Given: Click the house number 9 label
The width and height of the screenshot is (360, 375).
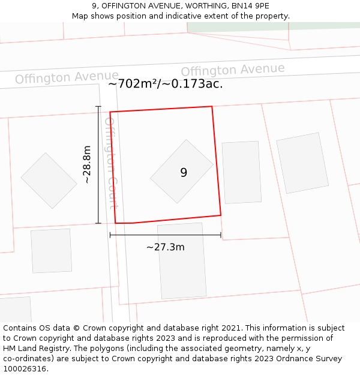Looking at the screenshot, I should (184, 173).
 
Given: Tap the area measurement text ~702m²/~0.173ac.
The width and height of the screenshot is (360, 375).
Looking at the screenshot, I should (166, 84).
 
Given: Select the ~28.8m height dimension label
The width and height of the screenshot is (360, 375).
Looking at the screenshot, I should (87, 164).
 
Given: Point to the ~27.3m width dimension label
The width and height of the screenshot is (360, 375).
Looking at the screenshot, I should (166, 247).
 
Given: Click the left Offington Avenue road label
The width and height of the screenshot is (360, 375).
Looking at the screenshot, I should (67, 77).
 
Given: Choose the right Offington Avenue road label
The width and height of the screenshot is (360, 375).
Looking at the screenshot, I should (233, 70).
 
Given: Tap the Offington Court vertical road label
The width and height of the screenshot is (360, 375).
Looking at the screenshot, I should (110, 162).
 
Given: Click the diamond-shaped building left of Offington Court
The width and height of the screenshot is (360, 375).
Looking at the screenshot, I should (49, 180).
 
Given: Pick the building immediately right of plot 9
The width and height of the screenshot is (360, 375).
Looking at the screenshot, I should (241, 172).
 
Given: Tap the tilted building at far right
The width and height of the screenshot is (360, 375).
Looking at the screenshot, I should (302, 163).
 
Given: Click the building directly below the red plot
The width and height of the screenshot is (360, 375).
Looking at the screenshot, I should (182, 260).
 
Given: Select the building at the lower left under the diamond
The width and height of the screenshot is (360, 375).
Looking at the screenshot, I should (51, 251).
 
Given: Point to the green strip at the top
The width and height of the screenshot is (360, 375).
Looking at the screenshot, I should (270, 26).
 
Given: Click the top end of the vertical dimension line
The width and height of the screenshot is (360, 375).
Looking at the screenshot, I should (98, 107).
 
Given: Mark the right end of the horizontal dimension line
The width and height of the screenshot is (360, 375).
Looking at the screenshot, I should (221, 235).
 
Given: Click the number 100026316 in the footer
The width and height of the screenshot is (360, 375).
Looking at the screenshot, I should (25, 369).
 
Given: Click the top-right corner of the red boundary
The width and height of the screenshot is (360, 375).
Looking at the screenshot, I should (212, 107).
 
